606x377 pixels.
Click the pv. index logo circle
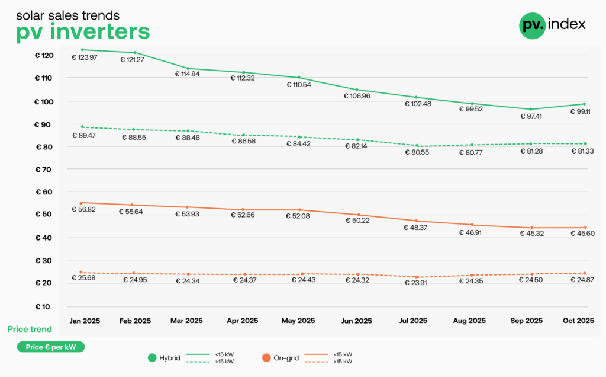[x=532, y=25]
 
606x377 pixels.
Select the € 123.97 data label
[x=85, y=57]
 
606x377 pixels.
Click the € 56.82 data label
[x=85, y=209]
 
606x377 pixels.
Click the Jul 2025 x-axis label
[x=413, y=321]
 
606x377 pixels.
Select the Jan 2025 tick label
[x=85, y=321]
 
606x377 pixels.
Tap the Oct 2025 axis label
[x=578, y=321]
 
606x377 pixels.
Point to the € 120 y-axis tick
[x=44, y=55]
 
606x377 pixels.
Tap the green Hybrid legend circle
[x=151, y=357]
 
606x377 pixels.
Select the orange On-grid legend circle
[x=266, y=357]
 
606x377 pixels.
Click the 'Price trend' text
[x=30, y=329]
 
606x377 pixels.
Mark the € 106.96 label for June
[x=357, y=96]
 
